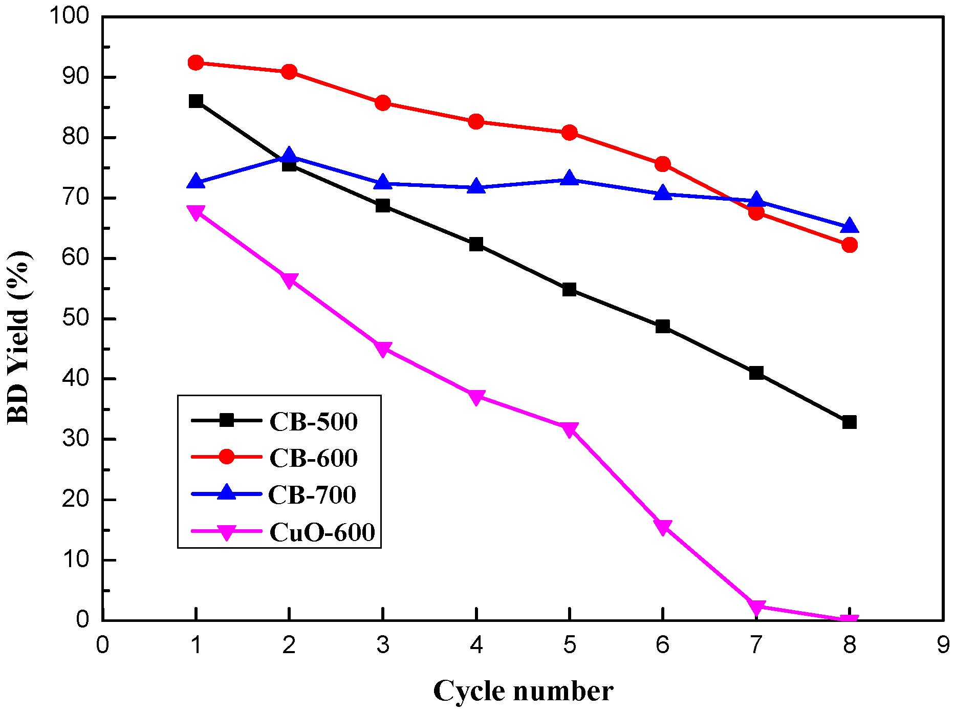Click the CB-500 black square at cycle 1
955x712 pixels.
196,101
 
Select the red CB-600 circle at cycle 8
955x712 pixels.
850,245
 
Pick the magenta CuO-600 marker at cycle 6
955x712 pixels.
663,527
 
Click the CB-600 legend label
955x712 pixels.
313,458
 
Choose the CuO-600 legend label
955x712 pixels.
322,532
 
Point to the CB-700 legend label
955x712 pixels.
312,495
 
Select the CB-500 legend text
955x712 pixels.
313,422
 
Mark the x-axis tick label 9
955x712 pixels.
943,645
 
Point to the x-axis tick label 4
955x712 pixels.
476,645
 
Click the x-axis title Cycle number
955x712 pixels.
523,691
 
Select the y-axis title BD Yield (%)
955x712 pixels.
19,338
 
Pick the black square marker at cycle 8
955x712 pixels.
850,422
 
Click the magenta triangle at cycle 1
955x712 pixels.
196,212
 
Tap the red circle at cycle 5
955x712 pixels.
570,133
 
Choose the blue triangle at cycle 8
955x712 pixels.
850,225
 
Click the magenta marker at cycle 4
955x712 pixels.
476,397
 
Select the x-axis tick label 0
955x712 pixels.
102,645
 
